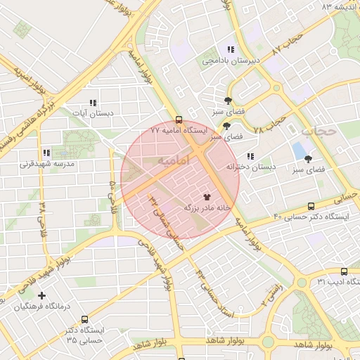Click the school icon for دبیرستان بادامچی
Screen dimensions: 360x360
click(230, 49)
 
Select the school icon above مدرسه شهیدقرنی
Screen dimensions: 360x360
click(46, 153)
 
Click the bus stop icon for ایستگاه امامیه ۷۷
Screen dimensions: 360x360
click(179, 120)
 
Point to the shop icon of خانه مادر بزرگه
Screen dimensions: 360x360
click(207, 197)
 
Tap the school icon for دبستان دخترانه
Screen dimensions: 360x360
click(250, 156)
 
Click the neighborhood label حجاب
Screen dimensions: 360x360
click(319, 131)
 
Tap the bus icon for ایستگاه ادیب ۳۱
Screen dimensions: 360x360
click(344, 271)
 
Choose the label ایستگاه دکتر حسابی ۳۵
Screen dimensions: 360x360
click(84, 335)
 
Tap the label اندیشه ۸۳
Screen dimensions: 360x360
click(335, 6)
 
